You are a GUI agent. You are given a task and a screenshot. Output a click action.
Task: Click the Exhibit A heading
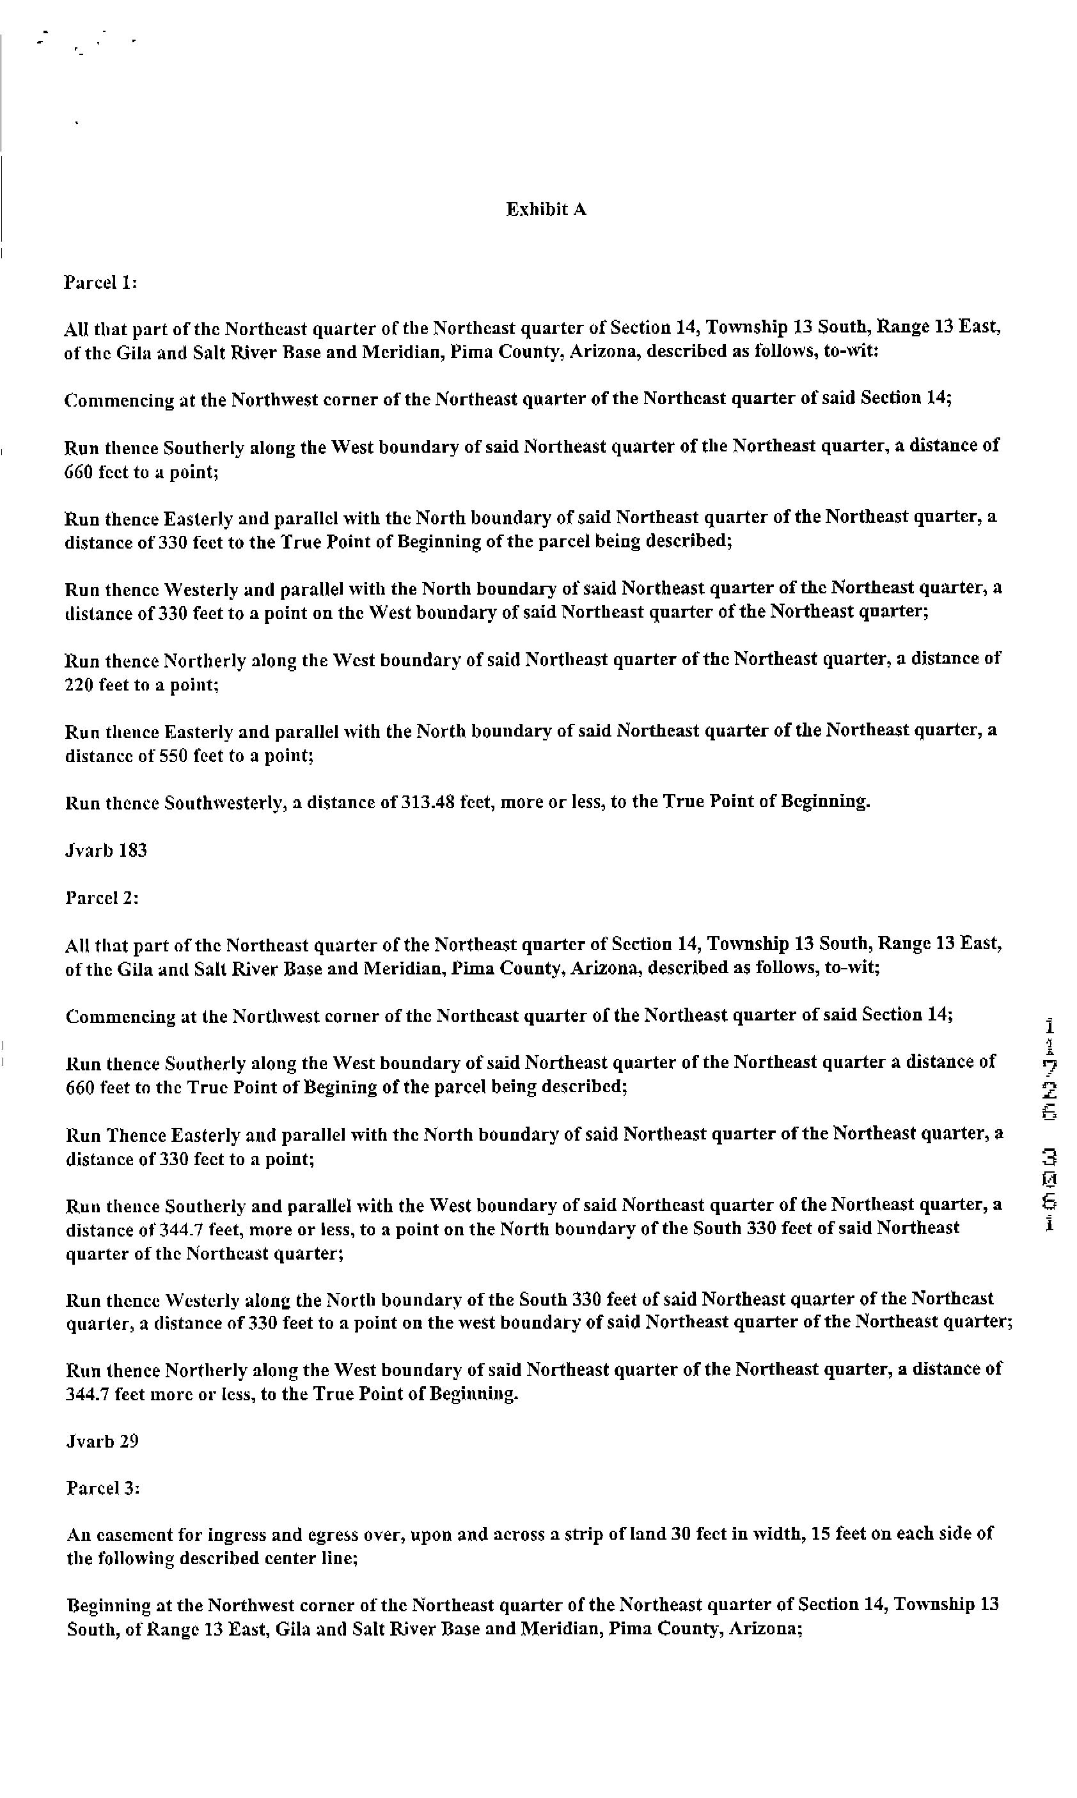[546, 210]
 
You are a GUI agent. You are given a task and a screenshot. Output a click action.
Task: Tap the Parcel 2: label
[102, 898]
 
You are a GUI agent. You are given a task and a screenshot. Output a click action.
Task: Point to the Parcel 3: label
[102, 1488]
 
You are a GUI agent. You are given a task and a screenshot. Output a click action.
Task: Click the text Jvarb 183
[106, 850]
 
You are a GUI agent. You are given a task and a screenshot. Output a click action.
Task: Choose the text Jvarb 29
[102, 1441]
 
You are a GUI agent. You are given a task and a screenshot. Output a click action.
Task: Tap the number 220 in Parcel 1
[79, 684]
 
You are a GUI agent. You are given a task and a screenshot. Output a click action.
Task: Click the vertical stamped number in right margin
[1050, 1129]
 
